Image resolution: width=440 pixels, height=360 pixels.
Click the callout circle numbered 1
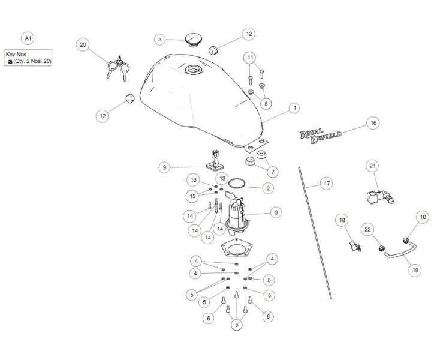[295, 108]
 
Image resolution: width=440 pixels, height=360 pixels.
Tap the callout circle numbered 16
[373, 123]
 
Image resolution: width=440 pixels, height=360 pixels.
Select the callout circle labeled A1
[28, 38]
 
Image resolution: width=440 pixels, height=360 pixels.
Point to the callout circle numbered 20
[83, 45]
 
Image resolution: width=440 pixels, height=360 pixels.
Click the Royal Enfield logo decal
[321, 136]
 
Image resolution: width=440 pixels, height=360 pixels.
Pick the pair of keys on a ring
[118, 68]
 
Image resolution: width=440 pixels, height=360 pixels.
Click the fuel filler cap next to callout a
[192, 40]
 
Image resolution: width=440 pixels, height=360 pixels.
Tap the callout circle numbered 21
[372, 166]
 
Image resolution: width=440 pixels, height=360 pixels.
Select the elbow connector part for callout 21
[380, 196]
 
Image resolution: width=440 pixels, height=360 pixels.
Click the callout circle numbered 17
[327, 184]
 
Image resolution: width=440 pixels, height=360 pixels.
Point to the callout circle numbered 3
[276, 212]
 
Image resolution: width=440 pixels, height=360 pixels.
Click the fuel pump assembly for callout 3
[237, 214]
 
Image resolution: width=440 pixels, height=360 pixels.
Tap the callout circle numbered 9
[164, 167]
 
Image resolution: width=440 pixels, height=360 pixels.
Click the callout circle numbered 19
[415, 270]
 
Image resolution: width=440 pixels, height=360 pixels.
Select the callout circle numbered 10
[423, 217]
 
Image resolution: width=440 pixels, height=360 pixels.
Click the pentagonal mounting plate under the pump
[235, 247]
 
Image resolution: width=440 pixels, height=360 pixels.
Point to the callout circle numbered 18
[342, 220]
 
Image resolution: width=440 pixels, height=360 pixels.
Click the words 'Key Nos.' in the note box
[17, 55]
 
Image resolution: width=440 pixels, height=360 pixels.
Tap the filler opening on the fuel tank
[193, 70]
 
